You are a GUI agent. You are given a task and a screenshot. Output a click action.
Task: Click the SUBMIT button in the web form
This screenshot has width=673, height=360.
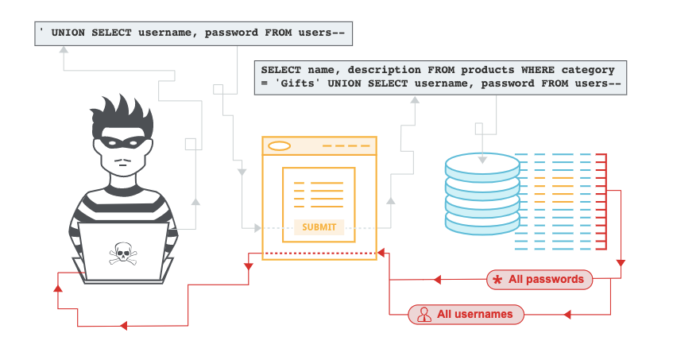(319, 227)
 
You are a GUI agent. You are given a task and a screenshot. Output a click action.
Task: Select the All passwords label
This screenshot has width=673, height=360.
(547, 279)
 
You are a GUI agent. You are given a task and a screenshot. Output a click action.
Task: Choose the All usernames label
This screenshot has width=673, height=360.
(474, 314)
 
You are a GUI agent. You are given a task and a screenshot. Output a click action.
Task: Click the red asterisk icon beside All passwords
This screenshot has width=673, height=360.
(497, 280)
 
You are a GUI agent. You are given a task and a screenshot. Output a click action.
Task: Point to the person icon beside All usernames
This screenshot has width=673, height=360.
(424, 314)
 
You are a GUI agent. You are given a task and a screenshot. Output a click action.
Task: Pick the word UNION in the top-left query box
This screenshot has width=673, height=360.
(71, 33)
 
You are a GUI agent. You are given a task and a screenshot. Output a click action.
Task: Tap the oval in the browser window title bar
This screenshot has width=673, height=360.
(280, 145)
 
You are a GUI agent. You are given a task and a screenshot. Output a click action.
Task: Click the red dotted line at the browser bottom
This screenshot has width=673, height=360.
(319, 254)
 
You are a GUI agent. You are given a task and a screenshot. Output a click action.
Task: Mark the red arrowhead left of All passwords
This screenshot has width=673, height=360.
(436, 280)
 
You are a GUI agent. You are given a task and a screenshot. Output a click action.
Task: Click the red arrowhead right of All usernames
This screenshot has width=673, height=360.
(566, 315)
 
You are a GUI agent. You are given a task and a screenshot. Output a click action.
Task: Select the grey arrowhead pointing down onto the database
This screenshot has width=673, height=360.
(482, 160)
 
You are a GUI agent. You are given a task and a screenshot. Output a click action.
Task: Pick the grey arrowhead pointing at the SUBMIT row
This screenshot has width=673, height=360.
(256, 228)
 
